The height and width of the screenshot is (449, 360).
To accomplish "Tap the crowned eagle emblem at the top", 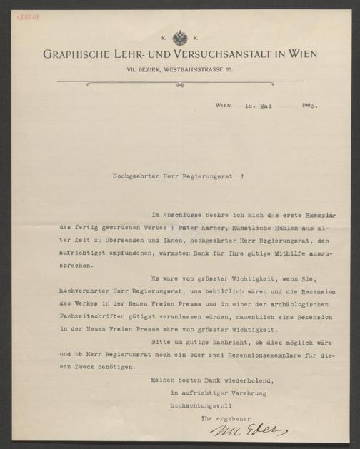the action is click(x=180, y=38).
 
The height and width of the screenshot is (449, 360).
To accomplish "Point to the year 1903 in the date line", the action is click(x=309, y=105).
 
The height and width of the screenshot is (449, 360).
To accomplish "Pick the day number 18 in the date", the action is click(x=248, y=105).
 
